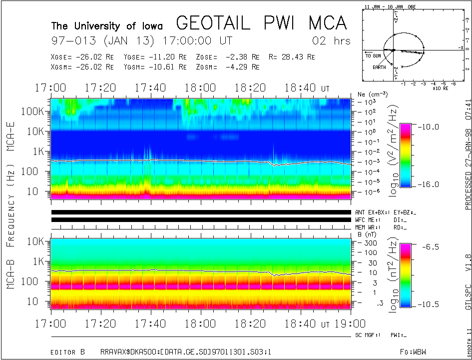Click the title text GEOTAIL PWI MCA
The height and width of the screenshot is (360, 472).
[x=261, y=23]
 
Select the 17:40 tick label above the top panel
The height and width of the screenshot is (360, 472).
[x=151, y=88]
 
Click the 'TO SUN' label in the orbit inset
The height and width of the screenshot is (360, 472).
[x=373, y=55]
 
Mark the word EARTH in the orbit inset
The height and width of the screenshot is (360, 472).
[x=379, y=67]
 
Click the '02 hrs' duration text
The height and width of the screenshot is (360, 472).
[x=331, y=40]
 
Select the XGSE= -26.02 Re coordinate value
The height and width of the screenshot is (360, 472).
[x=82, y=57]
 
